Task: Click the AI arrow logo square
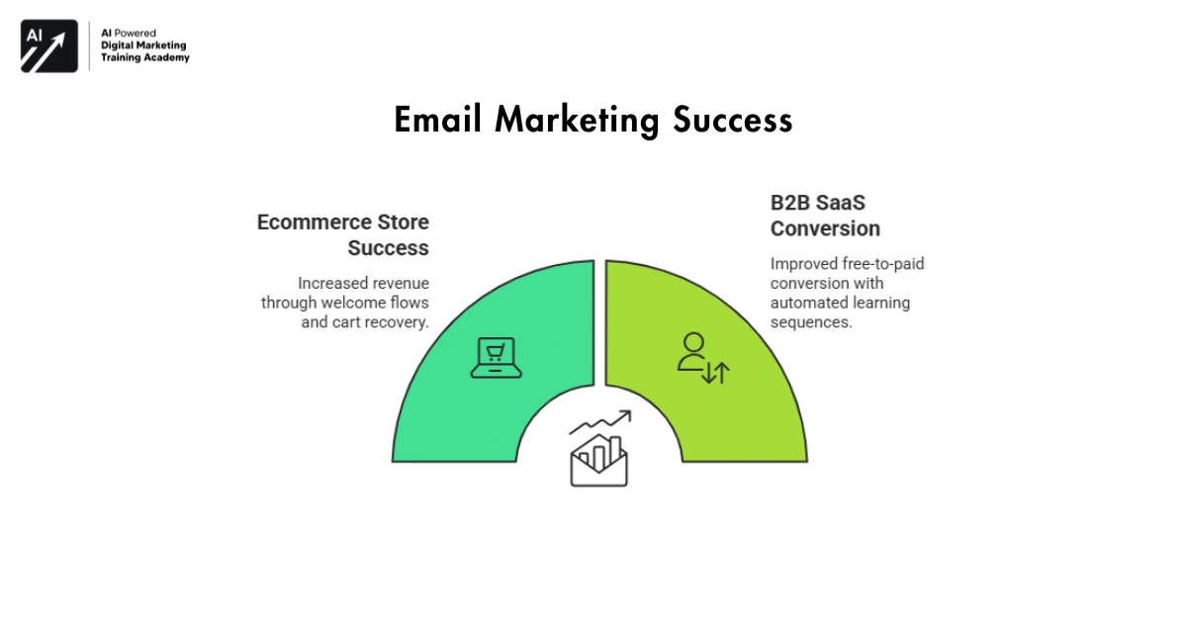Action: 49,45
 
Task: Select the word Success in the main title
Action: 733,120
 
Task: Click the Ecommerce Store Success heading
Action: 343,234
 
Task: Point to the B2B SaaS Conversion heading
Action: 825,216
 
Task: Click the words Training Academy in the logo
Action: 145,58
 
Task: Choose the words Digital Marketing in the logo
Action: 143,45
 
